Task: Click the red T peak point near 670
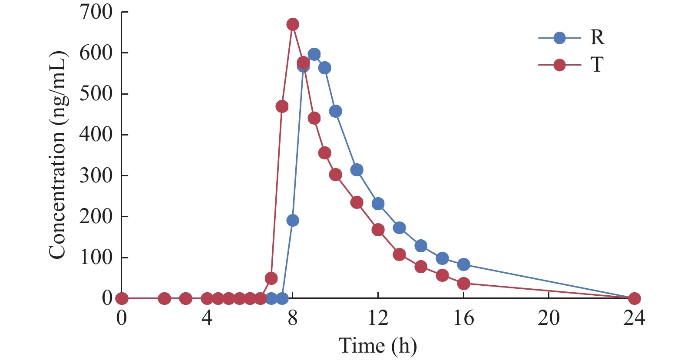[x=293, y=24]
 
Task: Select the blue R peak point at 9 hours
[x=314, y=54]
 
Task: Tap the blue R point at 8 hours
[x=293, y=221]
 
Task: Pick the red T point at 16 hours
[x=463, y=284]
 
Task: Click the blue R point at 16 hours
[x=463, y=264]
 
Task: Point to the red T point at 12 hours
[x=378, y=230]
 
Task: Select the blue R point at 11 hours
[x=357, y=170]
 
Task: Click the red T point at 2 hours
[x=164, y=298]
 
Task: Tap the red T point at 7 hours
[x=271, y=278]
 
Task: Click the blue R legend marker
[x=559, y=38]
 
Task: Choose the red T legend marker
[x=559, y=65]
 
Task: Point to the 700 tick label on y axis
[x=96, y=12]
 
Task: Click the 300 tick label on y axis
[x=96, y=175]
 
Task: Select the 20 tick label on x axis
[x=549, y=318]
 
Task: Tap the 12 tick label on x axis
[x=378, y=318]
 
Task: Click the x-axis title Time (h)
[x=377, y=346]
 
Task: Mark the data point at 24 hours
[x=634, y=298]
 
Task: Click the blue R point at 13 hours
[x=399, y=228]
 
